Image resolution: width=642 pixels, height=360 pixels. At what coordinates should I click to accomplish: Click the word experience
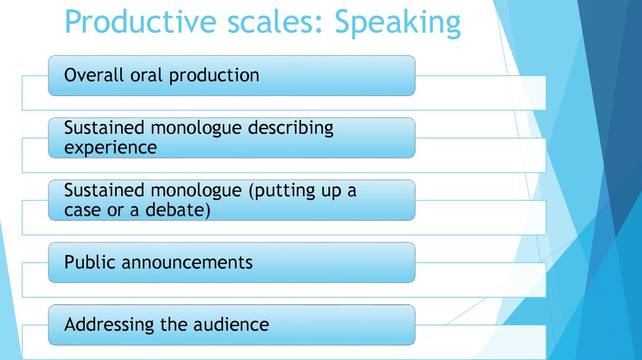click(x=110, y=148)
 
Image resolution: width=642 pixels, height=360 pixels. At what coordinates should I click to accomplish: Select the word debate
click(x=177, y=211)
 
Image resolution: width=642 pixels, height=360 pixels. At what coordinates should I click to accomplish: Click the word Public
click(x=90, y=262)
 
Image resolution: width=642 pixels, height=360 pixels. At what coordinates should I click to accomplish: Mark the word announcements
click(x=187, y=262)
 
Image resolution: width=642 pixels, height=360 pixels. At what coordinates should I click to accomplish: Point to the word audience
click(x=235, y=324)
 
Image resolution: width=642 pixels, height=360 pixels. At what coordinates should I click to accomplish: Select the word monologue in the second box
click(x=191, y=128)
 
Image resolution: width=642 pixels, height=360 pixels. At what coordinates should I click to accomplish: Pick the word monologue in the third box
click(x=191, y=190)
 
